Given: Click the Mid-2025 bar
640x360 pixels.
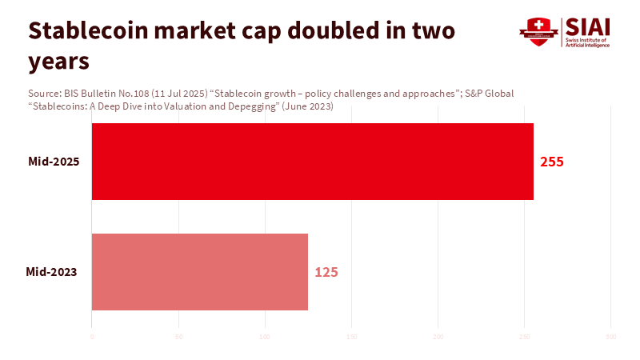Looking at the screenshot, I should [x=312, y=162].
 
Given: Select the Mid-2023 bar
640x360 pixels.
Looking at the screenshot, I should [x=200, y=272].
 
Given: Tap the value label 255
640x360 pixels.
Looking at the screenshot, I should [x=552, y=162].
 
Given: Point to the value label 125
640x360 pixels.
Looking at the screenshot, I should [x=326, y=272].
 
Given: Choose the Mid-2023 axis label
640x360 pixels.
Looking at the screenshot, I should [x=51, y=272].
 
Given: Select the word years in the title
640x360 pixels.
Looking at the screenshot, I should [x=58, y=60].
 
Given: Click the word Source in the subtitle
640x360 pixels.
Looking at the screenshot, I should [x=44, y=94].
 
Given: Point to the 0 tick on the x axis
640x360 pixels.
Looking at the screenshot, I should [x=92, y=337].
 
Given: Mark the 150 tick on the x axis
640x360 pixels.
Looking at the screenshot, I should [x=351, y=337].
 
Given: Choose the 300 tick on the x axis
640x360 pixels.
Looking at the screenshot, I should [x=611, y=337].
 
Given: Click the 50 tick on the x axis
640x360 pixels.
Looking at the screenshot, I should [x=178, y=337].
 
